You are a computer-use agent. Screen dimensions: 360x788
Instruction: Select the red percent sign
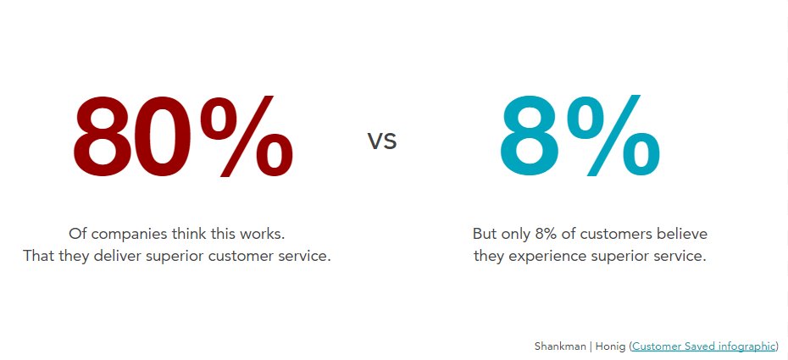pyautogui.click(x=247, y=139)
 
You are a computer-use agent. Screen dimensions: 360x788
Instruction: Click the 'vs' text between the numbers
pyautogui.click(x=382, y=141)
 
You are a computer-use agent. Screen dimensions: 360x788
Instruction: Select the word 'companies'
pyautogui.click(x=126, y=233)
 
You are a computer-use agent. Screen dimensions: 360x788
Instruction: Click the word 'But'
pyautogui.click(x=486, y=233)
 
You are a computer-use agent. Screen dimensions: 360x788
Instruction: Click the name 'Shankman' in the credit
pyautogui.click(x=560, y=346)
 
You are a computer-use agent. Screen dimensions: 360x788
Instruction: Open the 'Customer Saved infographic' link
pyautogui.click(x=703, y=346)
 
